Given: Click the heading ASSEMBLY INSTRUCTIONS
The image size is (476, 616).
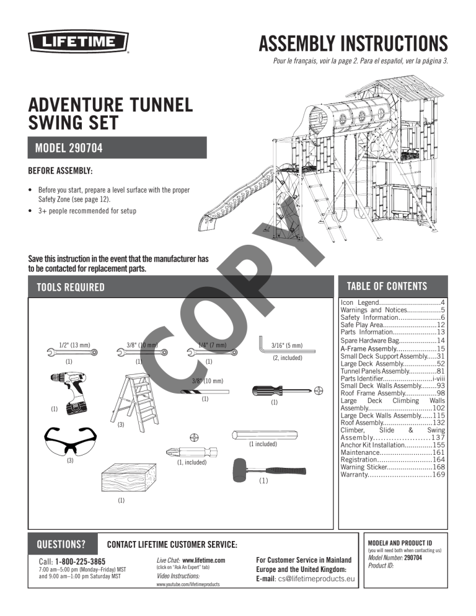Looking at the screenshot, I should (353, 44).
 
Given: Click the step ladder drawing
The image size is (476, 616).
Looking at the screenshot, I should (136, 397).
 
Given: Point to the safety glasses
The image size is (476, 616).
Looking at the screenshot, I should (70, 441).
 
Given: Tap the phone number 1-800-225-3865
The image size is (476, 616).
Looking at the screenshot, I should (81, 561).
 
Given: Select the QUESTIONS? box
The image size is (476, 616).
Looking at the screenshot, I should (62, 545).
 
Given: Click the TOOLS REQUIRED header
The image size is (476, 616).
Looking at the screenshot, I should (71, 287).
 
